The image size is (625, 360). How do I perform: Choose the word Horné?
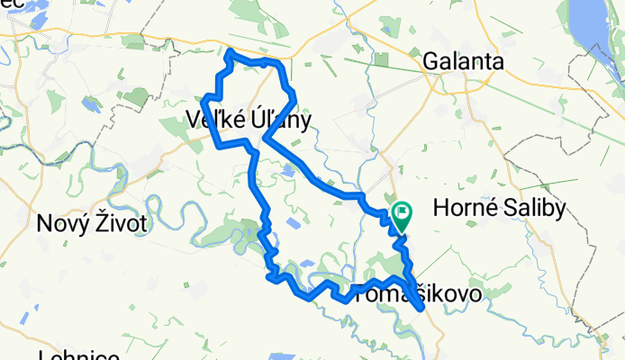coord(466,209)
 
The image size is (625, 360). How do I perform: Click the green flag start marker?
coord(401,216)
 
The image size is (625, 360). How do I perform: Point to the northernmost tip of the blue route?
coord(231,51)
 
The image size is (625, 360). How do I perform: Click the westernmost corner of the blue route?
coord(206,98)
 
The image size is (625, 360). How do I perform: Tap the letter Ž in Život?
coord(108,221)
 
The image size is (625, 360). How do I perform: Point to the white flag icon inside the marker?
coord(402,214)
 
